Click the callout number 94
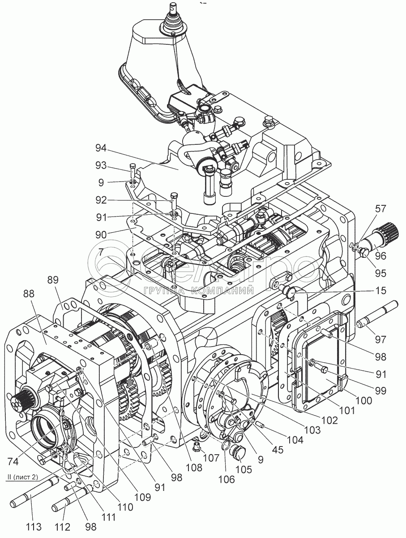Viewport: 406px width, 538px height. [x=101, y=148]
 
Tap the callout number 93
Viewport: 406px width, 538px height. [x=101, y=166]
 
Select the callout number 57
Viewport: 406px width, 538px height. [x=380, y=208]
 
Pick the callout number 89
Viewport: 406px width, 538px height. [x=53, y=281]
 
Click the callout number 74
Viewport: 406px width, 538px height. [x=13, y=461]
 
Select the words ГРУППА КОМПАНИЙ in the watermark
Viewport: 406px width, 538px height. [x=199, y=291]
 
